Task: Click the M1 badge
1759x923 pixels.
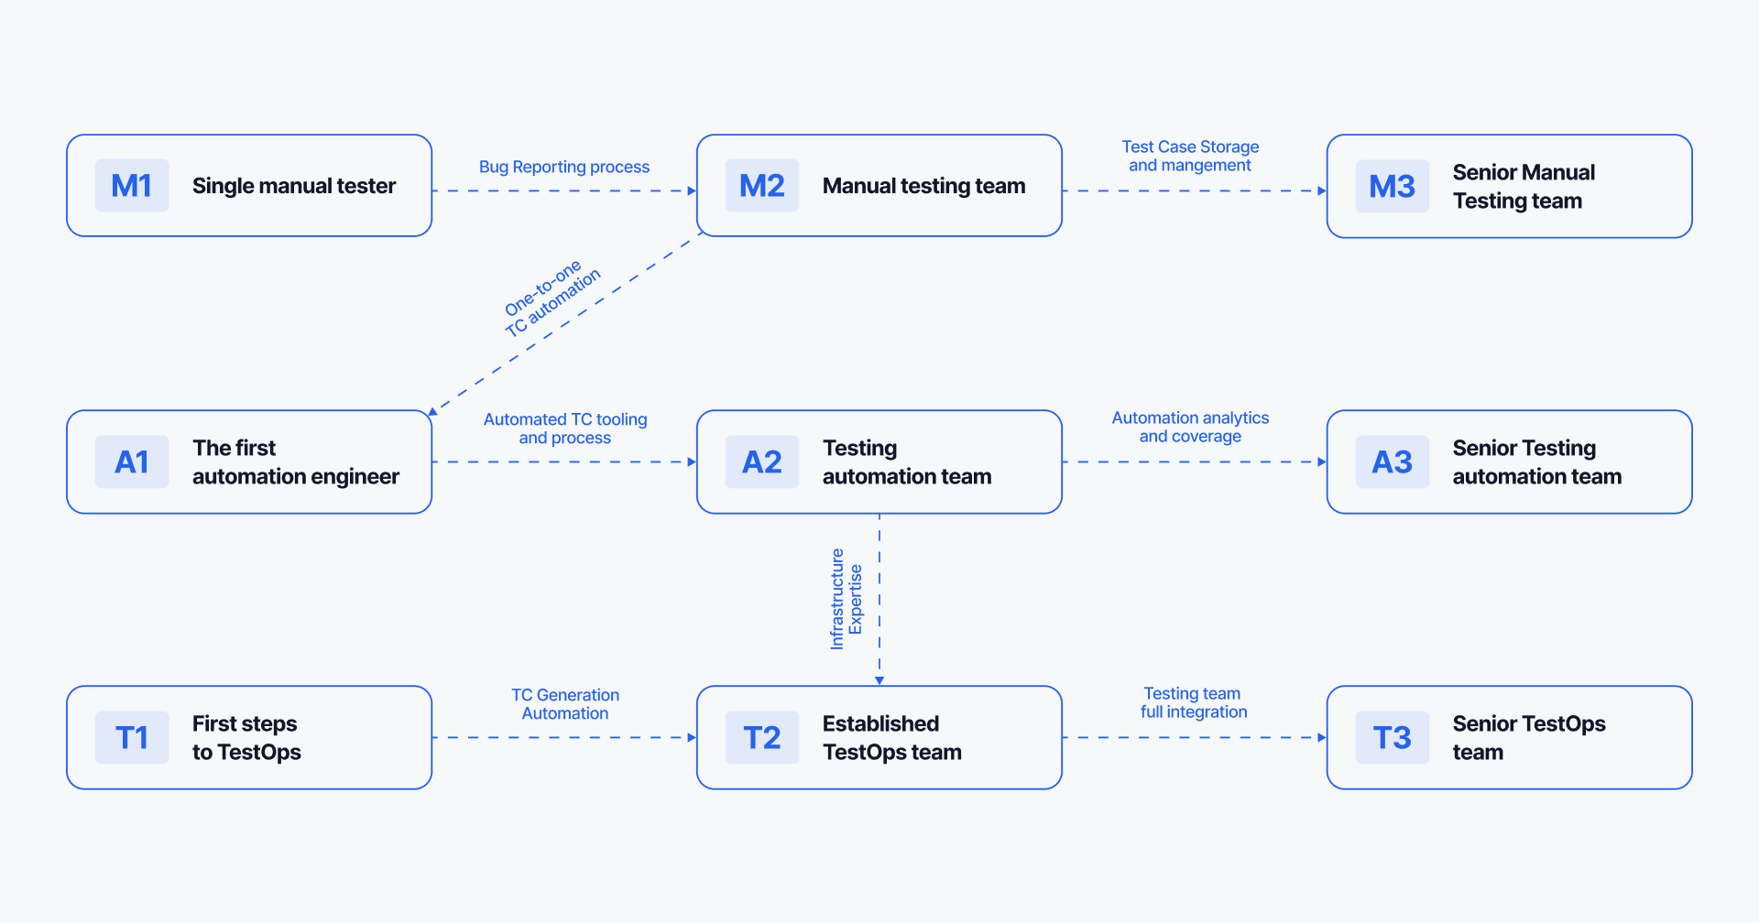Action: click(132, 186)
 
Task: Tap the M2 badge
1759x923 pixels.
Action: click(762, 186)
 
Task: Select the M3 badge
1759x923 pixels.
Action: click(1392, 187)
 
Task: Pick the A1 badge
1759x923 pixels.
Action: click(132, 461)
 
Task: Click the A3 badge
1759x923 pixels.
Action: click(1392, 461)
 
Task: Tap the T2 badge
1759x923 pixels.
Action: click(762, 737)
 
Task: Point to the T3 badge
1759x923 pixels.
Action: click(1392, 737)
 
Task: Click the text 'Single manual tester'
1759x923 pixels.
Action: click(293, 186)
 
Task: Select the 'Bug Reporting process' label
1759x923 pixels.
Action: click(563, 167)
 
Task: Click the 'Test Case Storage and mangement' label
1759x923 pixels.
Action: click(1190, 156)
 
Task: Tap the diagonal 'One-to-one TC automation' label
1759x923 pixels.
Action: click(552, 298)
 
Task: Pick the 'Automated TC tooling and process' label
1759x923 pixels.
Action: click(565, 429)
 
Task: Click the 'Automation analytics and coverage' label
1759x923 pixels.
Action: click(1190, 427)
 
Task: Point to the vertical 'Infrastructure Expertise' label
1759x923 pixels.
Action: click(846, 600)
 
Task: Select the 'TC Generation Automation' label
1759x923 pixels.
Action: click(565, 704)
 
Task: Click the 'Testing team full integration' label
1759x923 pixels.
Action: click(1193, 702)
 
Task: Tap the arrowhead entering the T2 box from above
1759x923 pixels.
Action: click(879, 680)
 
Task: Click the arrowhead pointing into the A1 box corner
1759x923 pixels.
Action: click(433, 411)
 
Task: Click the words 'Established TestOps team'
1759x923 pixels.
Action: click(891, 737)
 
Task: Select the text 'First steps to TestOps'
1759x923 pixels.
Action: click(246, 737)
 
